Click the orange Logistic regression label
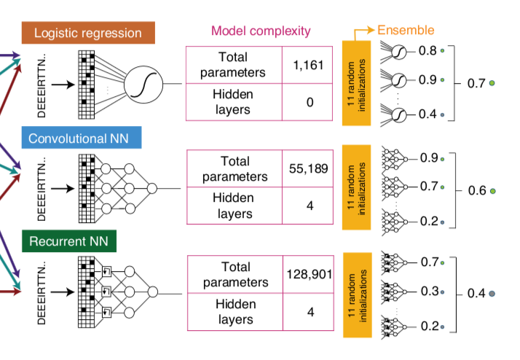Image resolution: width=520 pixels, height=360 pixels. coord(87,34)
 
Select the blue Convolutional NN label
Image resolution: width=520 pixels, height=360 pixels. coord(81,137)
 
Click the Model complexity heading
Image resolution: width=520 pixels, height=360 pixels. coord(261,31)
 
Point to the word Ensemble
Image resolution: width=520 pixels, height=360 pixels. coord(406,30)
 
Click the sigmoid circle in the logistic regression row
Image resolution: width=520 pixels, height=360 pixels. coord(141,85)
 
